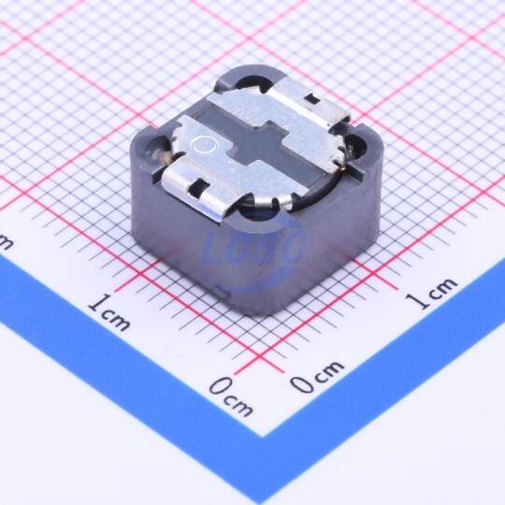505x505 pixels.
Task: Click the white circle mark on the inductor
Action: [204, 145]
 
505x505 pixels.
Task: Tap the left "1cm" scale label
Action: [109, 312]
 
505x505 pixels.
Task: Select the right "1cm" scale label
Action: [431, 293]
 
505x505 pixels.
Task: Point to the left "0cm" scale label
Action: [231, 397]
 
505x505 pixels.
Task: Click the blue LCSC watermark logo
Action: [254, 248]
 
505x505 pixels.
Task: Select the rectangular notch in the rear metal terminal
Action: [312, 98]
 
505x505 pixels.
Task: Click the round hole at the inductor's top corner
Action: [252, 83]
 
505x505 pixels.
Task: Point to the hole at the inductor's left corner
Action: [157, 149]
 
